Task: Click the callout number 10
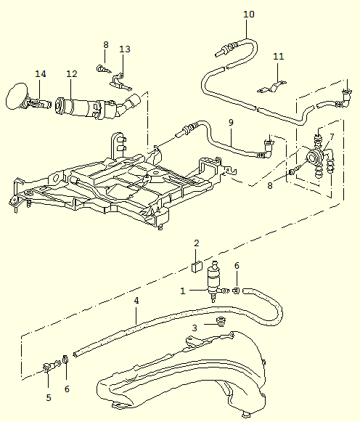pyautogui.click(x=249, y=15)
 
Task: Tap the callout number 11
pyautogui.click(x=278, y=56)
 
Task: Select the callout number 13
pyautogui.click(x=125, y=49)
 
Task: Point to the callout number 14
pyautogui.click(x=41, y=74)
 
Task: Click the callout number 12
pyautogui.click(x=72, y=74)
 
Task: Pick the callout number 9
pyautogui.click(x=231, y=123)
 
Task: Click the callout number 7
pyautogui.click(x=332, y=137)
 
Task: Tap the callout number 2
pyautogui.click(x=197, y=243)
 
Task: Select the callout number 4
pyautogui.click(x=136, y=301)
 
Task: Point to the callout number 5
pyautogui.click(x=49, y=397)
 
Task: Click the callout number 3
pyautogui.click(x=195, y=328)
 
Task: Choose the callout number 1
pyautogui.click(x=183, y=291)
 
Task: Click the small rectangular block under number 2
pyautogui.click(x=197, y=267)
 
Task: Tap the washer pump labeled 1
pyautogui.click(x=215, y=282)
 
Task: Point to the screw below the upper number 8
pyautogui.click(x=104, y=70)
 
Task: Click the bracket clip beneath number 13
pyautogui.click(x=120, y=81)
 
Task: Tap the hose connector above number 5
pyautogui.click(x=52, y=366)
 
